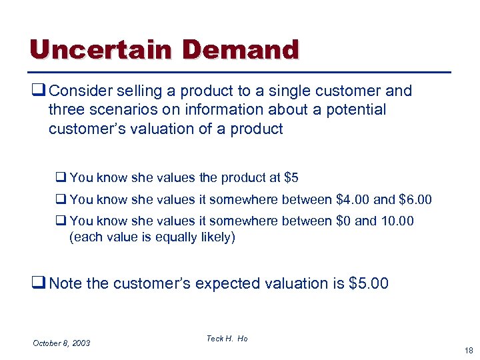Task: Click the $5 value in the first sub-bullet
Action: (291, 178)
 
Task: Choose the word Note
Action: (66, 283)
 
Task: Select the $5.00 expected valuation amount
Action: (368, 283)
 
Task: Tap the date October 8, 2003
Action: (61, 343)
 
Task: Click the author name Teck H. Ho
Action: (227, 339)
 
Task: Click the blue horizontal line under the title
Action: (240, 71)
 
